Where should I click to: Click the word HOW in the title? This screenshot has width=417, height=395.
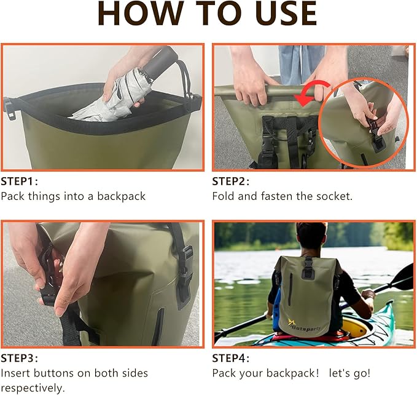(141, 14)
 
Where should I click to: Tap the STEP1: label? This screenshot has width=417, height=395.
(19, 182)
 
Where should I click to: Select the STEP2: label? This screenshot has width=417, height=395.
(230, 182)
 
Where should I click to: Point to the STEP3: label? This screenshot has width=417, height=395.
(19, 358)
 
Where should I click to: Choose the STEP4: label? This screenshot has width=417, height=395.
(230, 358)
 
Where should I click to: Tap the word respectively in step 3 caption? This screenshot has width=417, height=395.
(33, 388)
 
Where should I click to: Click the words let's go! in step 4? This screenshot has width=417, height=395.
(349, 373)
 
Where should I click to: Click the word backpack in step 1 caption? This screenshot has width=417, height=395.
(121, 196)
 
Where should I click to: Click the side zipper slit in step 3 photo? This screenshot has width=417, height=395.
(159, 326)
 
